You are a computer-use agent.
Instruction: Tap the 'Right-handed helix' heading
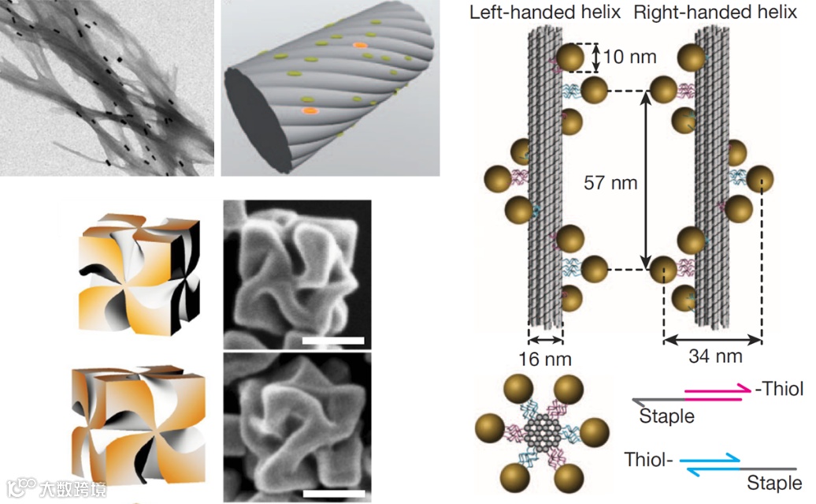[x=715, y=13]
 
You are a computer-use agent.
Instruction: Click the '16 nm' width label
[x=545, y=360]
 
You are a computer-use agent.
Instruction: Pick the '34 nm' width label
[x=715, y=357]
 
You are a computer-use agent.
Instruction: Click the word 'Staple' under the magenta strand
[x=666, y=416]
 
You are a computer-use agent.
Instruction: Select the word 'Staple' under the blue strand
[x=773, y=483]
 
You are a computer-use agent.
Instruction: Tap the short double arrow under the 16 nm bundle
[x=545, y=341]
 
